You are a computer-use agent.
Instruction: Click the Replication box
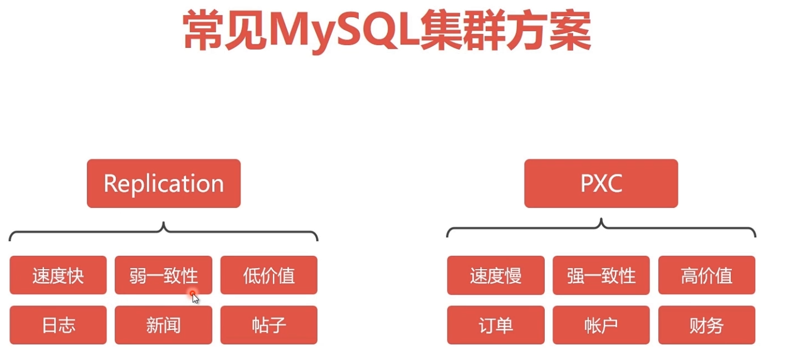(164, 183)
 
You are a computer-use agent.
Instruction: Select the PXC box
(601, 183)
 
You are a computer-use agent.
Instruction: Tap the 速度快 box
(58, 275)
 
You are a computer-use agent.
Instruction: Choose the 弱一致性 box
(163, 275)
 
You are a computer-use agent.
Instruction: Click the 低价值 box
(269, 275)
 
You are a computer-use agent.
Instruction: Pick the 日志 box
(58, 325)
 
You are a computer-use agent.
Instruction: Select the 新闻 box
(163, 325)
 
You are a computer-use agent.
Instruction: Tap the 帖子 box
(269, 325)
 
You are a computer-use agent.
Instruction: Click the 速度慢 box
(496, 275)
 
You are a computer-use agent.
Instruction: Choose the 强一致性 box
(601, 275)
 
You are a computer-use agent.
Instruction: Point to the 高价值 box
(707, 275)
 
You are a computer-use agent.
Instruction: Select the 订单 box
(496, 325)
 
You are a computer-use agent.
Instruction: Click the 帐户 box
(601, 325)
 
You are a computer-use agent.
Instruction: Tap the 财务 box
(707, 325)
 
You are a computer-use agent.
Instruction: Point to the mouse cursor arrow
(195, 298)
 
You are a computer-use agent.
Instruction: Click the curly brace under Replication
(163, 232)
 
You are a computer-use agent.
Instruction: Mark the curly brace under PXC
(601, 228)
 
